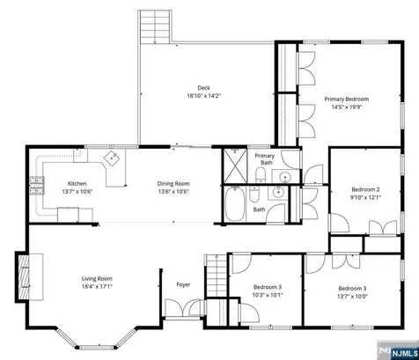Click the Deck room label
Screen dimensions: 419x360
(203, 88)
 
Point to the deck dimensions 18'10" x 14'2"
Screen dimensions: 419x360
(203, 96)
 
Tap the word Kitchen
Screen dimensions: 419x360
(77, 184)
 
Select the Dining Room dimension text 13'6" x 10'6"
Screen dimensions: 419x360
(173, 192)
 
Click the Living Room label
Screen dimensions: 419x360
(97, 279)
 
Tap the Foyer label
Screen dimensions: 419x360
(183, 284)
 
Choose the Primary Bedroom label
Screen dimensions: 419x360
(347, 99)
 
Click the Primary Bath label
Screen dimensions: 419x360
(265, 159)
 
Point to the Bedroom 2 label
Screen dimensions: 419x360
(365, 189)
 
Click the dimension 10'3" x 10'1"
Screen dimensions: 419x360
(268, 295)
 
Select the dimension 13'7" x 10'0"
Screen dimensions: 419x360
(352, 297)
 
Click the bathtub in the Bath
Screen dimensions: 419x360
(235, 204)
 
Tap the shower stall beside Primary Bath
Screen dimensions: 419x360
(235, 166)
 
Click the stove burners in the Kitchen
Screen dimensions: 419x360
(37, 186)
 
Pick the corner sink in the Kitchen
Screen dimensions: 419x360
(112, 158)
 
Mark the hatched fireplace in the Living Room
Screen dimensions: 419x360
(24, 277)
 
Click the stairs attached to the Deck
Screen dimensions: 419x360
(155, 26)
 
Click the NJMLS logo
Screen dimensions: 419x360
(398, 351)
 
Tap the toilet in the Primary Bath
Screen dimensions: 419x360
(261, 175)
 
